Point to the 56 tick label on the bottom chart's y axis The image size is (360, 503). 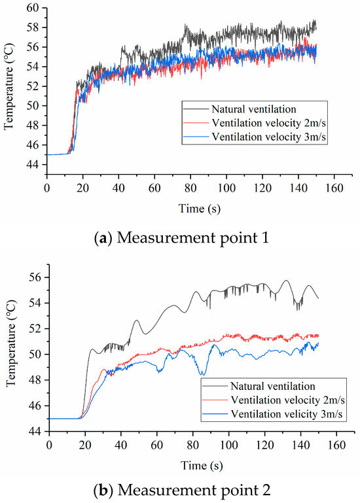tap(36, 277)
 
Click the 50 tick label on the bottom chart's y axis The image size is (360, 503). tap(36, 355)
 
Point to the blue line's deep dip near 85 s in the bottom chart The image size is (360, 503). tap(202, 373)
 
